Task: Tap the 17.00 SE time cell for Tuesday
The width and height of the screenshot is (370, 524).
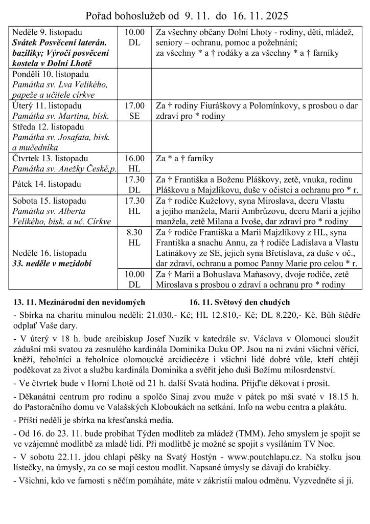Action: coord(134,111)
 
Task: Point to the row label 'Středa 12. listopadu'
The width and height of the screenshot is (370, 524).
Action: coord(46,126)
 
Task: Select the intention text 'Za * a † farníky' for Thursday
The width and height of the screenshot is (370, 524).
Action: coord(184,159)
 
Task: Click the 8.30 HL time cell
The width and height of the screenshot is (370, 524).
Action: coord(134,237)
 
